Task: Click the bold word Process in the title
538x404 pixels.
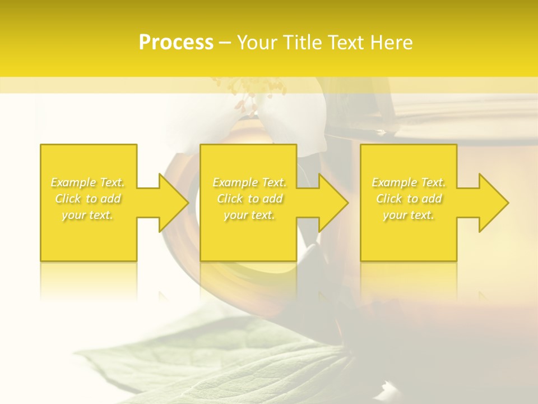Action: click(x=176, y=43)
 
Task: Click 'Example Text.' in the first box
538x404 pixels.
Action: click(x=88, y=182)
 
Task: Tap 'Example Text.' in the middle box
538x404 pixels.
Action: click(x=249, y=182)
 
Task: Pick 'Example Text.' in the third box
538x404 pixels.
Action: click(x=409, y=182)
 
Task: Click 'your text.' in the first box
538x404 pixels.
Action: click(x=88, y=215)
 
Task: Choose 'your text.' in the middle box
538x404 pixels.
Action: click(x=249, y=215)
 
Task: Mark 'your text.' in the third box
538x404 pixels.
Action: click(x=409, y=215)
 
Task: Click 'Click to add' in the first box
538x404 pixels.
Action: click(x=88, y=199)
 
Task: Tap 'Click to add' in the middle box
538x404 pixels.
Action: click(x=249, y=199)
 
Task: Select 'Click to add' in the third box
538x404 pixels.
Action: click(x=409, y=199)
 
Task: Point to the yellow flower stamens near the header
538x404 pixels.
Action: click(x=252, y=90)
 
